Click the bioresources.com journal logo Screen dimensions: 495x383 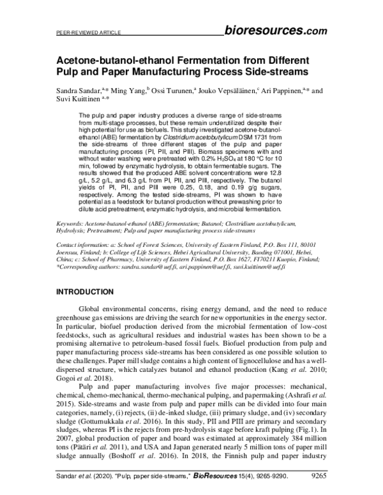(276, 29)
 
